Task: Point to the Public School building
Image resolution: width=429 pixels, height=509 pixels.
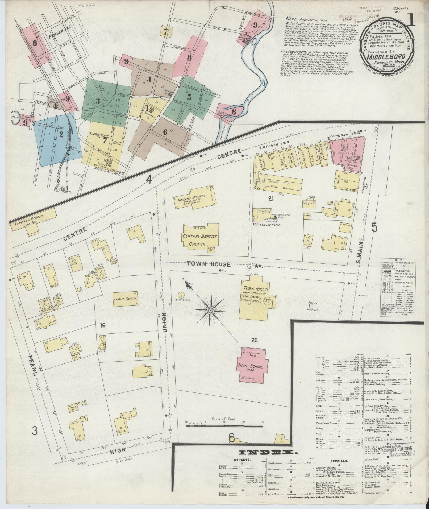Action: tap(125, 298)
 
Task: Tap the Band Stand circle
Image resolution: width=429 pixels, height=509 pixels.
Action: tap(181, 295)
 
